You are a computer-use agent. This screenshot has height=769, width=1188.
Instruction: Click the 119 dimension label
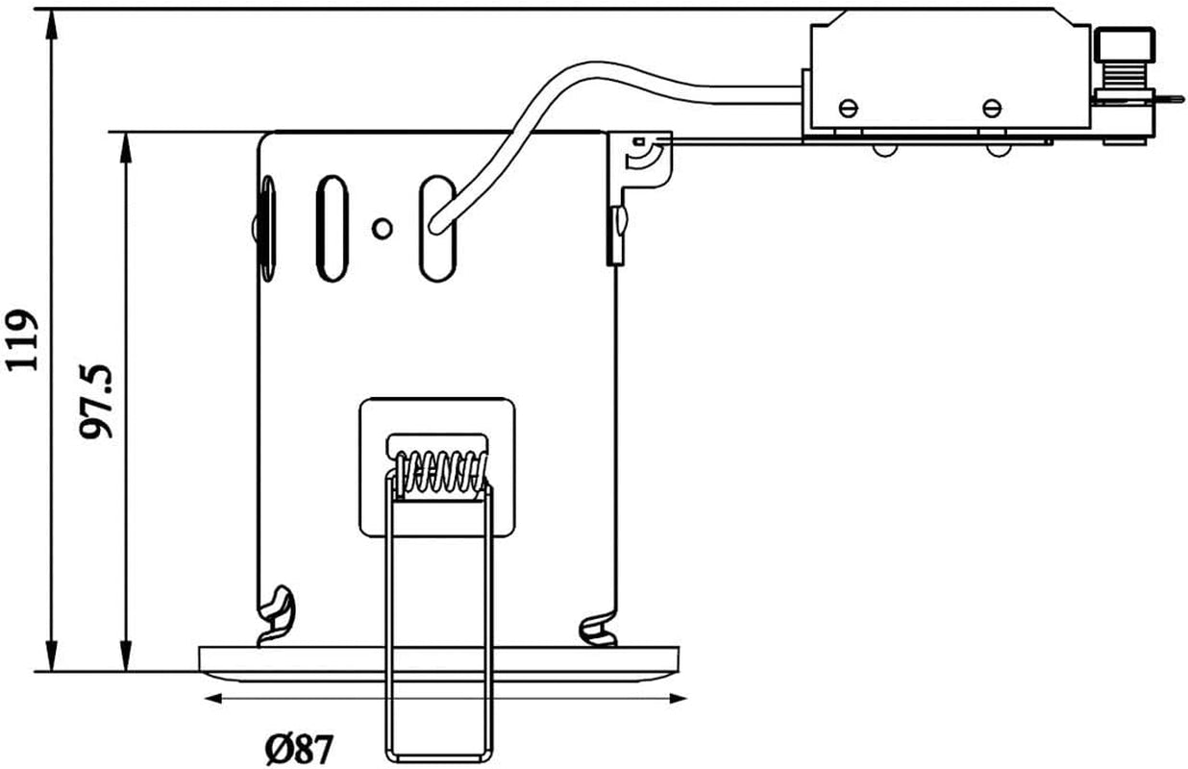[22, 339]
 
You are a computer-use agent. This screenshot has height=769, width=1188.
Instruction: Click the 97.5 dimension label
[96, 402]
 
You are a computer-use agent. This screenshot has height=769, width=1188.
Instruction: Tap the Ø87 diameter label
[300, 750]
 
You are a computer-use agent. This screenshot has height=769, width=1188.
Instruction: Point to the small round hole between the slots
[382, 229]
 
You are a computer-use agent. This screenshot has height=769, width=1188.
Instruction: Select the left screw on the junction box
[849, 109]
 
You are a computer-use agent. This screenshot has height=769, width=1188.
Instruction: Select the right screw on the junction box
[992, 109]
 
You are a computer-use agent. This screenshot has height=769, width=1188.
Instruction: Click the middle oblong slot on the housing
[332, 228]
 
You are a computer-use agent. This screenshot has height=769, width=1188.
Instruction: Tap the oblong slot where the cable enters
[437, 228]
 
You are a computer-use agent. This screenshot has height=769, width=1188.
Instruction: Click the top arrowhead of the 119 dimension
[52, 24]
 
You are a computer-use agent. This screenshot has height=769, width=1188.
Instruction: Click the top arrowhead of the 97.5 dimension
[126, 147]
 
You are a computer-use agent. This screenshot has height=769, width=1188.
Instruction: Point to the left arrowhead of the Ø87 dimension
[213, 699]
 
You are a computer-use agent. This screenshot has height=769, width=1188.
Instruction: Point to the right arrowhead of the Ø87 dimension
[679, 699]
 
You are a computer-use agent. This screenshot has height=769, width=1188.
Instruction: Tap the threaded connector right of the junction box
[1125, 77]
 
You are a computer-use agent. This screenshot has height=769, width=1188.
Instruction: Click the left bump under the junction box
[884, 150]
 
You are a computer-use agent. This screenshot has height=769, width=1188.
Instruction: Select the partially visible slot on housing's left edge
[268, 228]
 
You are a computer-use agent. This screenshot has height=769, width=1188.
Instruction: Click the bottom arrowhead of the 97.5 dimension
[126, 657]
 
